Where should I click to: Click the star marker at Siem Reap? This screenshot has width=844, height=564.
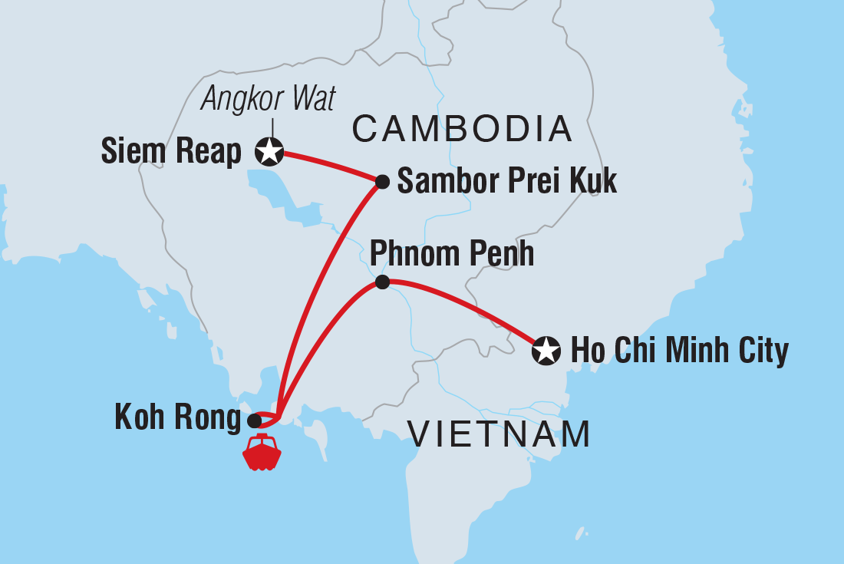(x=269, y=152)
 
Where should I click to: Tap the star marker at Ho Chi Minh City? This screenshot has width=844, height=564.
(x=546, y=351)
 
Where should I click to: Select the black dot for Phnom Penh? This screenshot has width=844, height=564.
(x=382, y=282)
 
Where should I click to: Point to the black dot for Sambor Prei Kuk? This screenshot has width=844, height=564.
(x=382, y=182)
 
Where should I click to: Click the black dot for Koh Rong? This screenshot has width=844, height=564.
(x=254, y=421)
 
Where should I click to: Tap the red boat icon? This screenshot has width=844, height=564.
(x=262, y=452)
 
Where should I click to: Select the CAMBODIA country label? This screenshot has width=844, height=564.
(x=462, y=130)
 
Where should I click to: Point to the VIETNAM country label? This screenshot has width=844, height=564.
(x=499, y=435)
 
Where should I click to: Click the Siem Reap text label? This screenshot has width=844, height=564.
(x=171, y=153)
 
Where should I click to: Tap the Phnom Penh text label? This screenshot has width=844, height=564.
(x=452, y=253)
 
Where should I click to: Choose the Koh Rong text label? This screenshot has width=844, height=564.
(x=177, y=418)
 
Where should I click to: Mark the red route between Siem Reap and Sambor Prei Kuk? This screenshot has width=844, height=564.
(x=330, y=164)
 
